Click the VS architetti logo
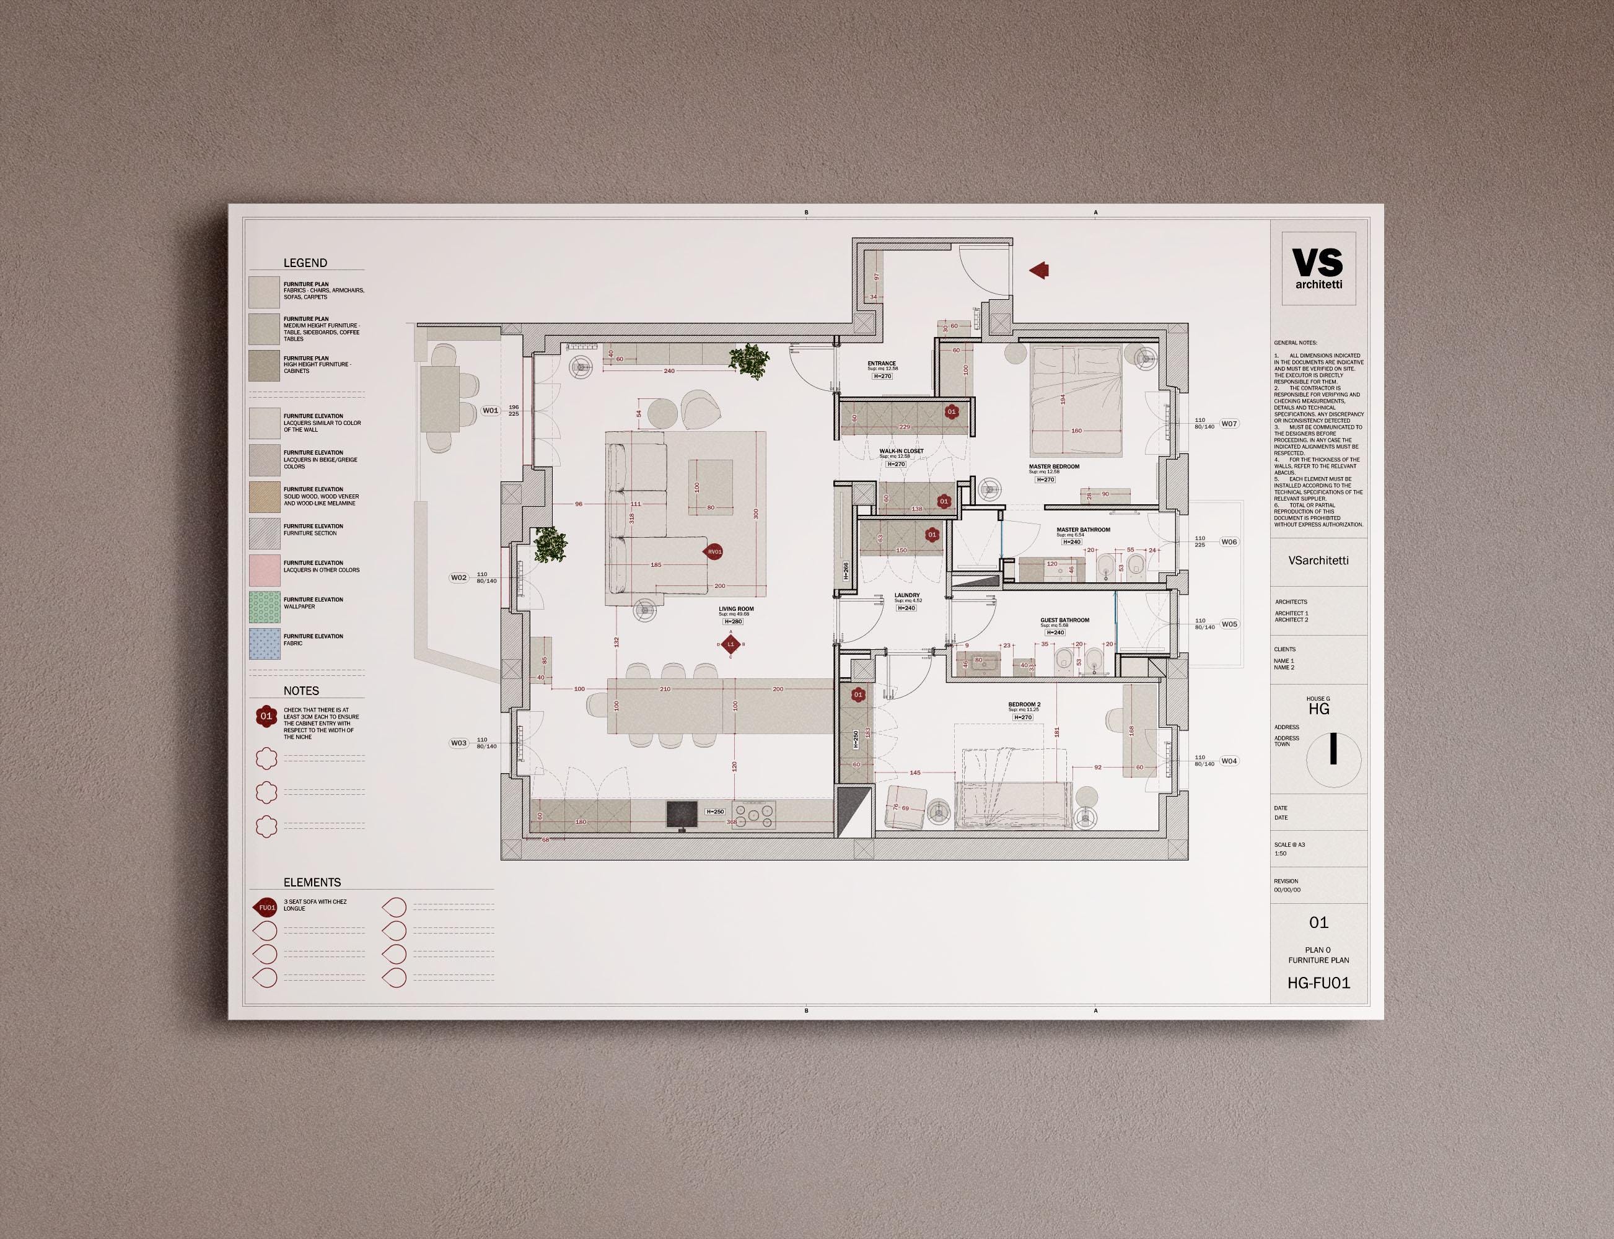point(1318,268)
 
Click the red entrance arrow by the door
point(1040,271)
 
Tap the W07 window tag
point(1229,423)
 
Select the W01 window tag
point(491,411)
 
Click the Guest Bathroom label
point(1064,620)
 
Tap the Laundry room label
point(906,595)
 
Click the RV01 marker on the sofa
point(714,551)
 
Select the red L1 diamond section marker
point(731,644)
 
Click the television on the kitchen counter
point(682,815)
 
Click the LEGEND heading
point(305,263)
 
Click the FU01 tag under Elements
point(266,908)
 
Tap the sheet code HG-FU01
point(1318,983)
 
